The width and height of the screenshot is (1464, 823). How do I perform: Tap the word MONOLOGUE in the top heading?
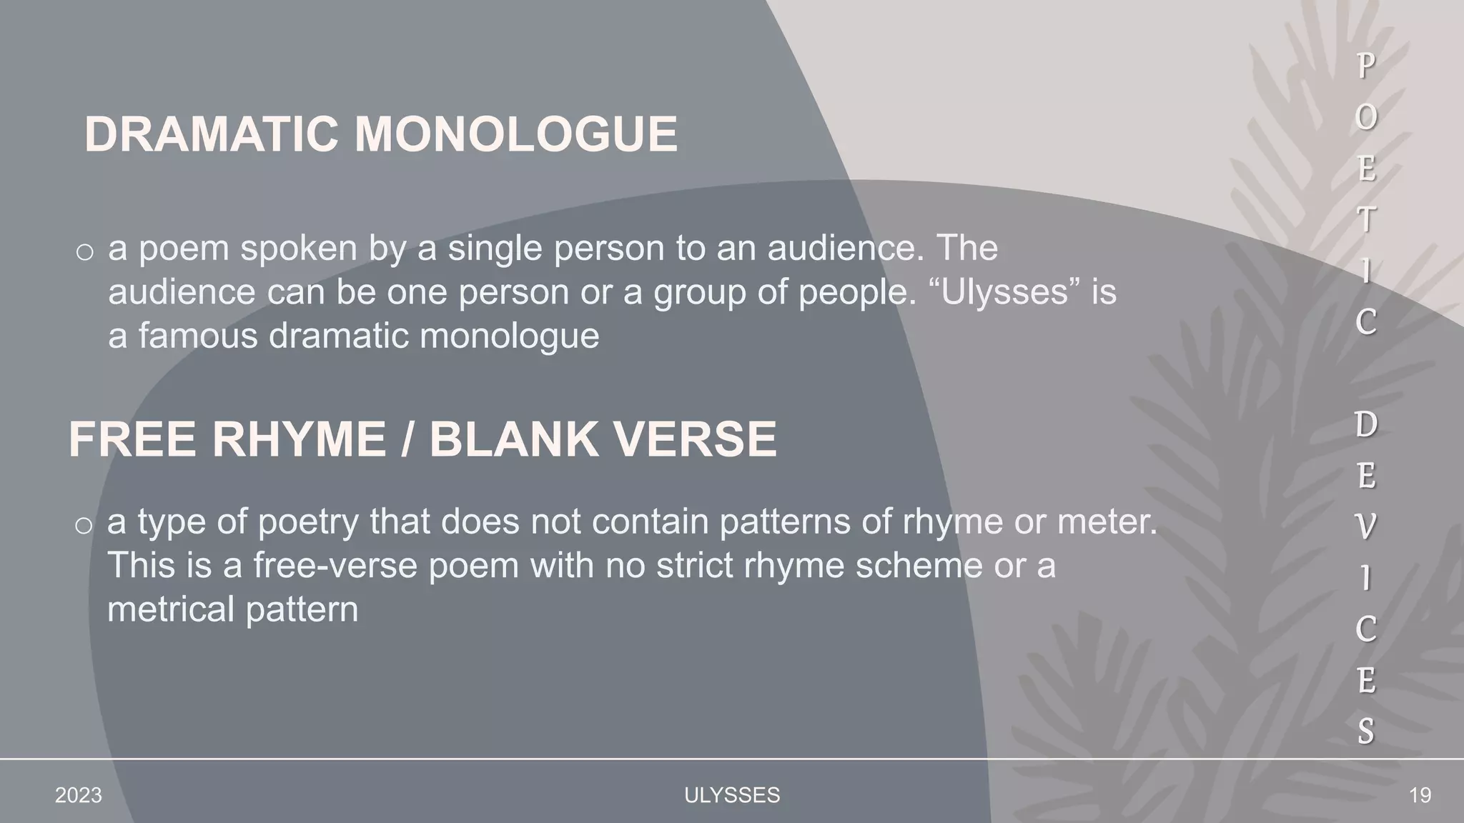pyautogui.click(x=515, y=134)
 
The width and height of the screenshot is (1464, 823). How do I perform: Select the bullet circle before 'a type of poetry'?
pyautogui.click(x=84, y=525)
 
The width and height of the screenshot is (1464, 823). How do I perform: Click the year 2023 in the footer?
pyautogui.click(x=79, y=795)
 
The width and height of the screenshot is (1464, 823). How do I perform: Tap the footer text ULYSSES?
pyautogui.click(x=732, y=795)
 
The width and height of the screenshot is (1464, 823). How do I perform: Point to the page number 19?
pyautogui.click(x=1420, y=795)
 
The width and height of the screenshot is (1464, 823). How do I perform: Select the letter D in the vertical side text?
pyautogui.click(x=1365, y=424)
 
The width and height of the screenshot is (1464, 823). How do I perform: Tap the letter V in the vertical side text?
pyautogui.click(x=1365, y=527)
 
